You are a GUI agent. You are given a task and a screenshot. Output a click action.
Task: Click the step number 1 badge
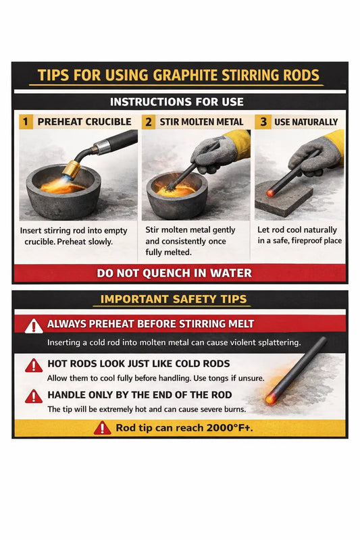click(26, 122)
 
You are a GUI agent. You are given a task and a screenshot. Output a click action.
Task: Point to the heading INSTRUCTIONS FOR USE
click(178, 102)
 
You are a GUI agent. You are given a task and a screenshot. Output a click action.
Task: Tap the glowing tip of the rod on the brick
click(270, 193)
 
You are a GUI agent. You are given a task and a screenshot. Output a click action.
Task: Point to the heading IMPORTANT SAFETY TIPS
click(174, 299)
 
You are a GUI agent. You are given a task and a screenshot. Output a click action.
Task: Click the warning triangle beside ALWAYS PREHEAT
click(34, 326)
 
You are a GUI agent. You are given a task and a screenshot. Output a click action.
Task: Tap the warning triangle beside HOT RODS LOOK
click(34, 366)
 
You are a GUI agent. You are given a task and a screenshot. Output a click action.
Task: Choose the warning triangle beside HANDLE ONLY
click(34, 397)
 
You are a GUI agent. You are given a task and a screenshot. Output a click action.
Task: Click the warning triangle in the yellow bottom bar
click(102, 427)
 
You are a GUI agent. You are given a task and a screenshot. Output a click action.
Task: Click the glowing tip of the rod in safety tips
click(271, 399)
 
